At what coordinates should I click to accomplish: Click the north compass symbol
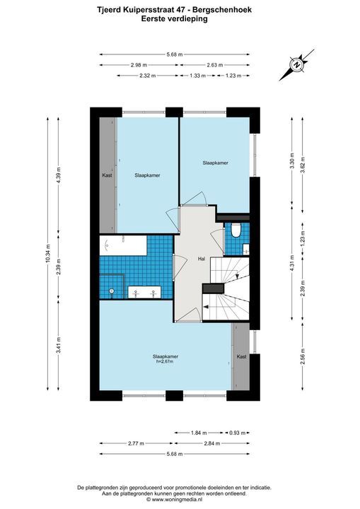point(296,65)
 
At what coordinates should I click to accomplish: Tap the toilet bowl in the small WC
point(236,230)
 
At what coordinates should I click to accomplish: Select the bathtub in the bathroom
point(123,245)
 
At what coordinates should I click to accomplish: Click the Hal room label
point(202,259)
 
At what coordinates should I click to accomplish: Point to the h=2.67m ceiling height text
point(166,361)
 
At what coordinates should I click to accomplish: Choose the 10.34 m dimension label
point(48,254)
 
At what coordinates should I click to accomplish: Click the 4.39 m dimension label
point(59,175)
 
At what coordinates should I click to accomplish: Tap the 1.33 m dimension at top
point(197,76)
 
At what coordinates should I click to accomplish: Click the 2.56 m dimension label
point(303,357)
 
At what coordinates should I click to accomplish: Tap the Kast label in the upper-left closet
point(107,175)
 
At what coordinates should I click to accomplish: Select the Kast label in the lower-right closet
point(241,357)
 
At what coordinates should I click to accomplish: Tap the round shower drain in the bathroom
point(112,291)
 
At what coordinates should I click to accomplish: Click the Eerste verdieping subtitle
point(175,19)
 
